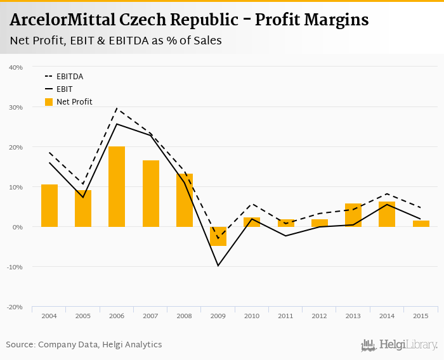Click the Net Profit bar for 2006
(117, 186)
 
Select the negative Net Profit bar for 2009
(218, 236)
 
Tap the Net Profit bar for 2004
(49, 205)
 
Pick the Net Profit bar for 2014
(387, 214)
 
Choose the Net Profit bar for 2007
(151, 193)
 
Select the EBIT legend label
(64, 89)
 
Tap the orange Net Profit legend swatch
(49, 101)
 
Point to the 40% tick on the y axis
(16, 67)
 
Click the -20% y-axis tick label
(15, 307)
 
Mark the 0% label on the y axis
(18, 227)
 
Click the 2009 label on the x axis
(218, 315)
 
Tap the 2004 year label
(49, 315)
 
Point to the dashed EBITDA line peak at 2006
(117, 108)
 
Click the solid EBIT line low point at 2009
(218, 265)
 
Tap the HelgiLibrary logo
(399, 345)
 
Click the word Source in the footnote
(20, 345)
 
